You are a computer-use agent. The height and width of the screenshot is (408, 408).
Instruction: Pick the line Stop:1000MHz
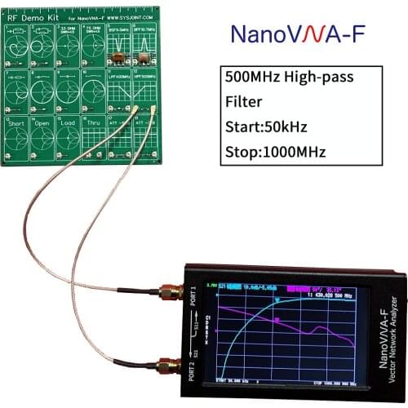pos(275,152)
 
